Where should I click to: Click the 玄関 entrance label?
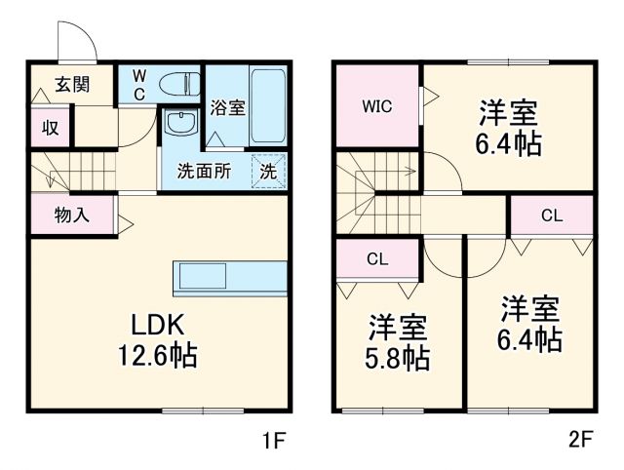(72, 84)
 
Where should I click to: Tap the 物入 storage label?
(72, 215)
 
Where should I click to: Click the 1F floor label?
(273, 440)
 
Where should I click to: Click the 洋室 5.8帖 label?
(398, 342)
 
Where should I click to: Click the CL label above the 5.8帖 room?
(377, 259)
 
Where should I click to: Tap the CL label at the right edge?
(551, 215)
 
